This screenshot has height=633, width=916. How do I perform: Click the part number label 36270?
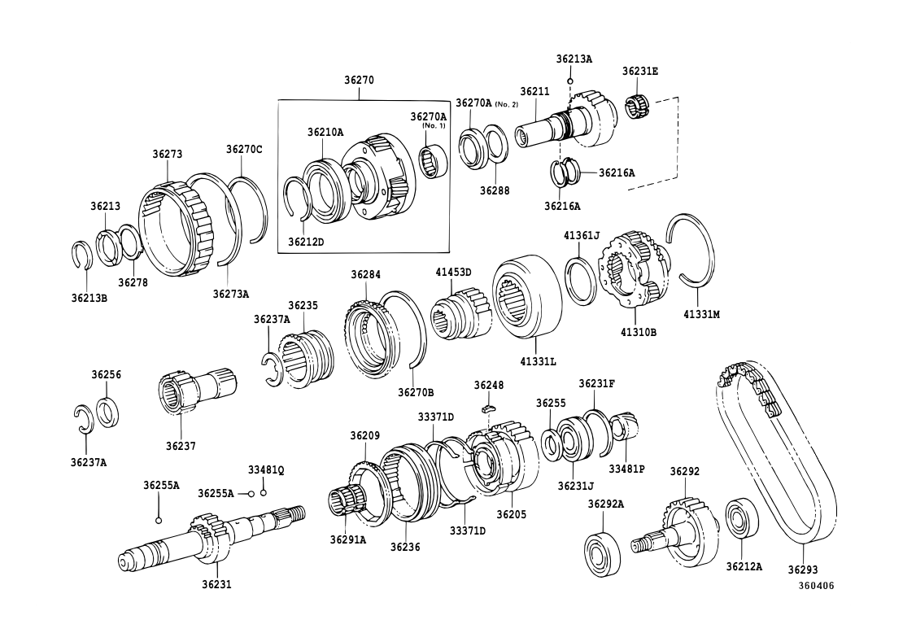[359, 81]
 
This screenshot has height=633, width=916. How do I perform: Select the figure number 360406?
[815, 586]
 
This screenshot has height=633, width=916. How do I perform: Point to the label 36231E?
[640, 72]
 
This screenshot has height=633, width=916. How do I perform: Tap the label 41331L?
[537, 360]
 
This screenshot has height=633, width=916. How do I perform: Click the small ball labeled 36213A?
[571, 81]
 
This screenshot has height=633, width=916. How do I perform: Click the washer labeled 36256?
[107, 411]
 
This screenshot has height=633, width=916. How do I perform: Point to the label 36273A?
[230, 294]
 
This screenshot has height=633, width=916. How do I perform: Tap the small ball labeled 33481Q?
[264, 492]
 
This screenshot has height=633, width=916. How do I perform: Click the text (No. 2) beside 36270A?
[507, 104]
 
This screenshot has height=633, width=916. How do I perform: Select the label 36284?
[366, 275]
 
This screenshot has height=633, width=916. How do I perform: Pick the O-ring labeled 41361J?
[581, 281]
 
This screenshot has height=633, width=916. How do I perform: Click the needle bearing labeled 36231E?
[640, 107]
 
